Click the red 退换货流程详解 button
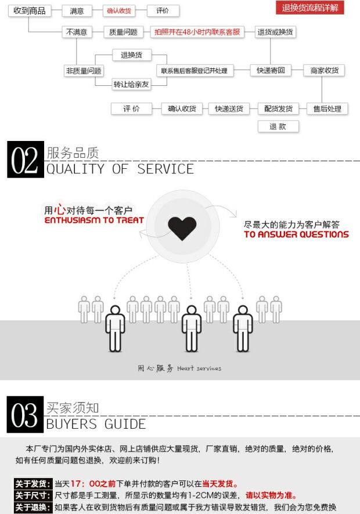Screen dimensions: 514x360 (x=309, y=8)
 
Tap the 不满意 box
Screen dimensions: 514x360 (x=77, y=32)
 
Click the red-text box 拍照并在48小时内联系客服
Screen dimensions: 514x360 (x=197, y=32)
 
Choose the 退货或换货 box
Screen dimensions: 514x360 (x=276, y=32)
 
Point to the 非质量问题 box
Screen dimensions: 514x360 (x=84, y=71)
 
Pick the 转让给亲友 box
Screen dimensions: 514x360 (x=131, y=85)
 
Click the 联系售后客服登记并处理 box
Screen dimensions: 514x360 (x=195, y=71)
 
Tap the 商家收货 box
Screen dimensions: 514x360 (x=324, y=71)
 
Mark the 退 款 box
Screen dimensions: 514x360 (x=278, y=126)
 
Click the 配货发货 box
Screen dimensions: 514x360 (x=278, y=108)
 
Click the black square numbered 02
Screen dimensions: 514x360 (x=25, y=160)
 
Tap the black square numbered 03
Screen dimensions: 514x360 (x=25, y=415)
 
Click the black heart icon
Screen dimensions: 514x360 (x=182, y=229)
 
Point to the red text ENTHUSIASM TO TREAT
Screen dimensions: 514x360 (x=94, y=221)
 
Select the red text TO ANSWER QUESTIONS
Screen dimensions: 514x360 (x=296, y=235)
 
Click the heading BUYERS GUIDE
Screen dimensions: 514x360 (x=96, y=424)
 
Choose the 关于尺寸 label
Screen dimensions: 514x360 (x=33, y=495)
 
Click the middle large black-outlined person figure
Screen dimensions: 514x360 (x=190, y=328)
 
